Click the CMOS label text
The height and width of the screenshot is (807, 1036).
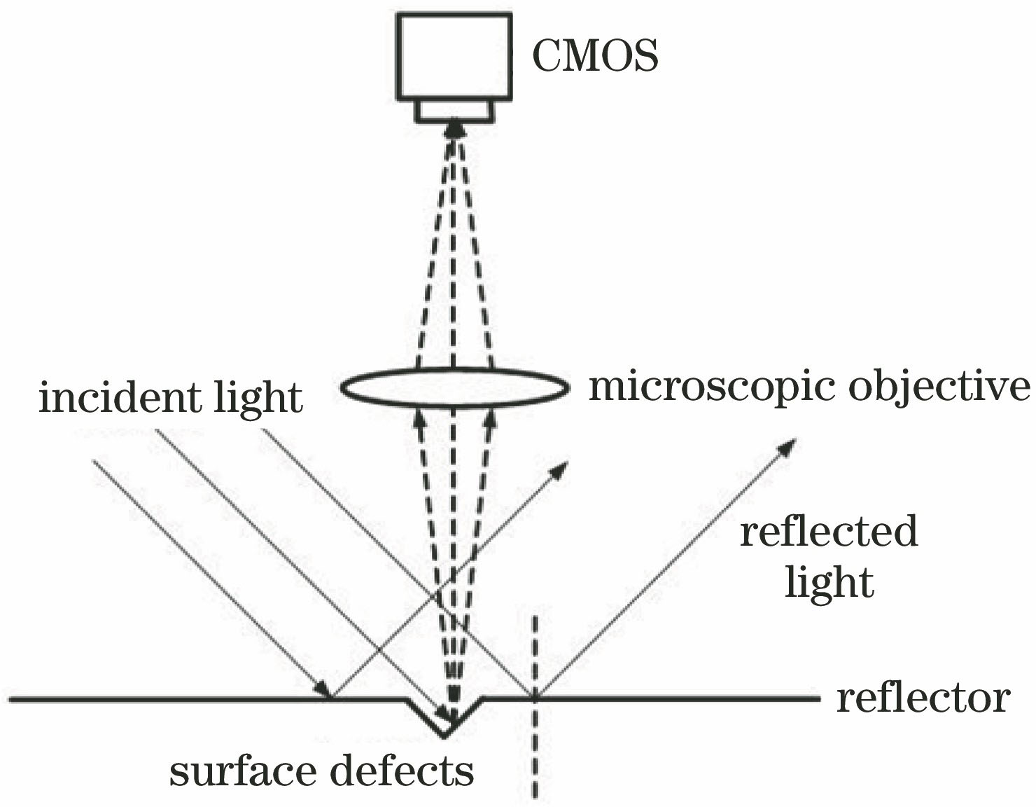coord(595,57)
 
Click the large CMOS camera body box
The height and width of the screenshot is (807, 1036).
coord(453,56)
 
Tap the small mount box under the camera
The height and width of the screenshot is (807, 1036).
coord(454,111)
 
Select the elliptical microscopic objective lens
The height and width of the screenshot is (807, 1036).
coord(453,387)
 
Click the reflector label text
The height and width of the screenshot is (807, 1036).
coord(923,698)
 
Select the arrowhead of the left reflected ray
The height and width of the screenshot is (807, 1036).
coord(559,469)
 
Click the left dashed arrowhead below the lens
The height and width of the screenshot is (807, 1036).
coord(420,418)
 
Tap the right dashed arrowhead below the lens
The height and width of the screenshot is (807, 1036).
coord(490,418)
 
